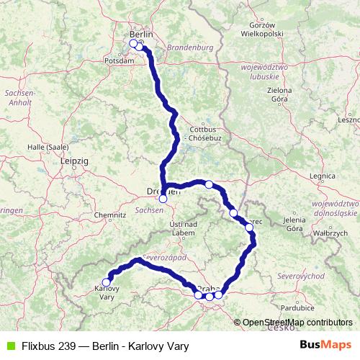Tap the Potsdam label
coord(120,61)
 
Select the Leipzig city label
coord(74,161)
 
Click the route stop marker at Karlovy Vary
coord(107,282)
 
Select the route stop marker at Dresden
coord(163,199)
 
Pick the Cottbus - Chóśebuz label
coord(199,135)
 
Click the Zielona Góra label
coord(278,94)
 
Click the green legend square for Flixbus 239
coord(9,346)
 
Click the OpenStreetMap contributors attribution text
coord(296,322)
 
